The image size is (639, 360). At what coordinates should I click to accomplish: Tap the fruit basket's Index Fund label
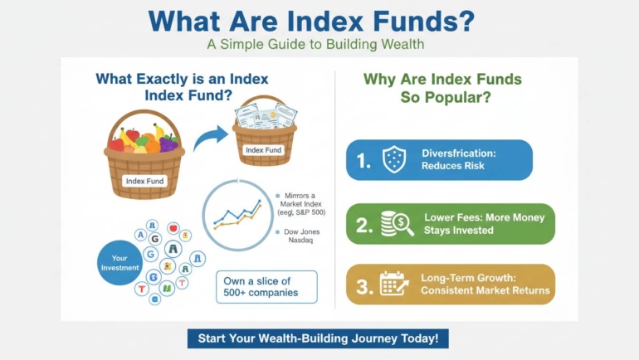click(144, 180)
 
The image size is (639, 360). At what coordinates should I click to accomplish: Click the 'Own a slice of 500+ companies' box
click(266, 287)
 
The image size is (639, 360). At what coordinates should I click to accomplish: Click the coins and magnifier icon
click(396, 223)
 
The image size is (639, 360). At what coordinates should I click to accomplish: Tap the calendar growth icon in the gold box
click(394, 284)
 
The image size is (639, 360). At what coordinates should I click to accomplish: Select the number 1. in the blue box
click(363, 161)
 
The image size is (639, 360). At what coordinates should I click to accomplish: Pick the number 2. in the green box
click(362, 224)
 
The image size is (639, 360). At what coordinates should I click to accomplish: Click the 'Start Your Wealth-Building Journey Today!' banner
click(319, 338)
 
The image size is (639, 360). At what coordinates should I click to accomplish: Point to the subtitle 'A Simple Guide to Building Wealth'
click(319, 45)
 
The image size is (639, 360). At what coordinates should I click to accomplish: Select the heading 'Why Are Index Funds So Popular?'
click(442, 88)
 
